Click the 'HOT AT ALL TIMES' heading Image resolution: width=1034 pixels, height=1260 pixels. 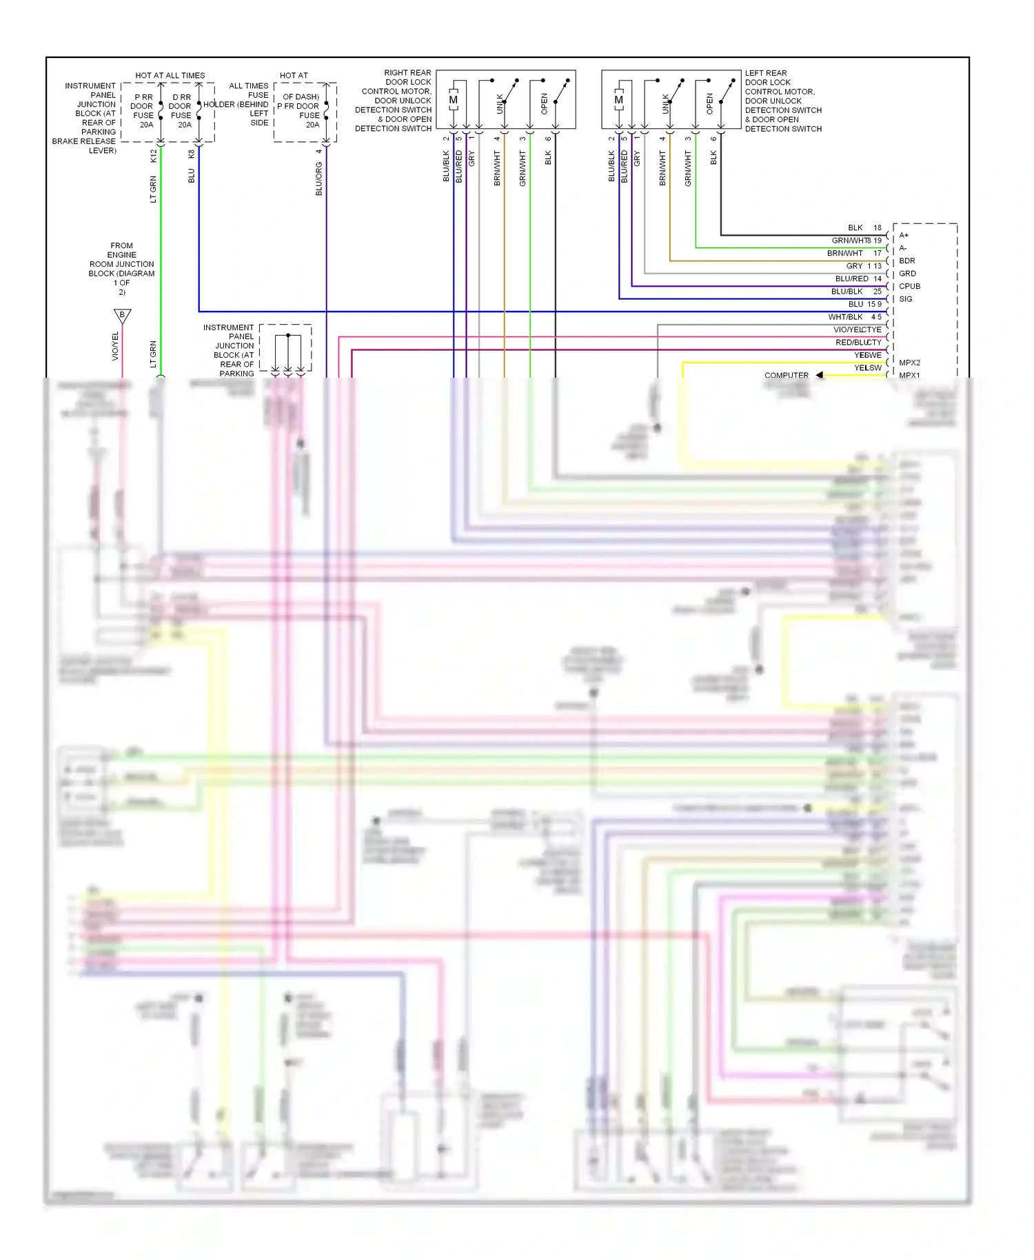[x=170, y=75]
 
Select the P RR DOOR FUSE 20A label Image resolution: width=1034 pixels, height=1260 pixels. [x=143, y=111]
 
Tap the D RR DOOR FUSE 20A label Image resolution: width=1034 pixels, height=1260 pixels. [x=181, y=111]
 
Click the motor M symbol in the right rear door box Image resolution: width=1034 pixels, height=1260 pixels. [x=453, y=100]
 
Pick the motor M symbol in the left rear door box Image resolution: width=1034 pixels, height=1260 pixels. [x=618, y=100]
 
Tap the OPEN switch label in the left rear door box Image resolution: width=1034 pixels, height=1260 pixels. [x=709, y=104]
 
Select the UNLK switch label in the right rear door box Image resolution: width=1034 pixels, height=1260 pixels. [x=500, y=104]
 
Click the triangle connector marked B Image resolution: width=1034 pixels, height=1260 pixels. [x=122, y=316]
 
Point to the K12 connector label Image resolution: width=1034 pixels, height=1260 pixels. [x=153, y=156]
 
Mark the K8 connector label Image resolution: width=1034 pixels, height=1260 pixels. [x=191, y=154]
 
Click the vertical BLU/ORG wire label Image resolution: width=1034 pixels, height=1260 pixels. [x=318, y=179]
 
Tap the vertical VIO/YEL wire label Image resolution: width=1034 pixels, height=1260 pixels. [x=115, y=346]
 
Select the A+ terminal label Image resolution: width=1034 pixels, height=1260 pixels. [x=904, y=235]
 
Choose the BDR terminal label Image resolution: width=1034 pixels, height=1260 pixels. [x=907, y=261]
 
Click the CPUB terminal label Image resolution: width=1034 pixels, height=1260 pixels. [x=909, y=286]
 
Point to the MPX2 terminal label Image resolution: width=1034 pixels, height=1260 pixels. [x=909, y=363]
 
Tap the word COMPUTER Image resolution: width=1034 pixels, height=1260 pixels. [x=786, y=375]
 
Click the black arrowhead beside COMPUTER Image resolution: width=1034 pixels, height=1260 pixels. [x=819, y=375]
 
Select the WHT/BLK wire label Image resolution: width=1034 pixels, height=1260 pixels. [x=845, y=317]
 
